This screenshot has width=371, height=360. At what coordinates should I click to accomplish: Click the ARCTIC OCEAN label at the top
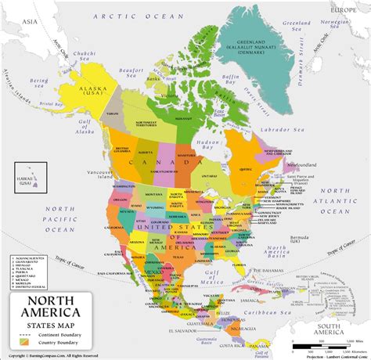[x=128, y=15]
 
